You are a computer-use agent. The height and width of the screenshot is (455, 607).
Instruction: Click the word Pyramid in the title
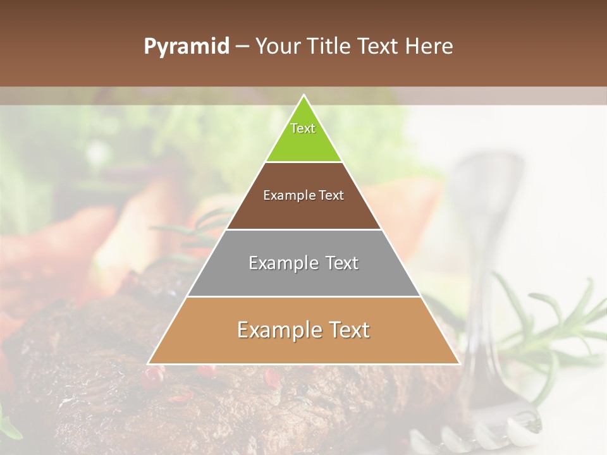click(187, 47)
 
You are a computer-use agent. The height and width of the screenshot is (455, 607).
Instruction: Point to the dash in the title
click(242, 47)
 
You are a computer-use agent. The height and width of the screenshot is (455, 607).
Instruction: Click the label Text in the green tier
click(303, 128)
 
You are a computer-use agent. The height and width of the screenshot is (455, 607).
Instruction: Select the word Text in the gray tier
click(342, 263)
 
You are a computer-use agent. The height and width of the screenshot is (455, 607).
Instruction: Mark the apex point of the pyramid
click(304, 96)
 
